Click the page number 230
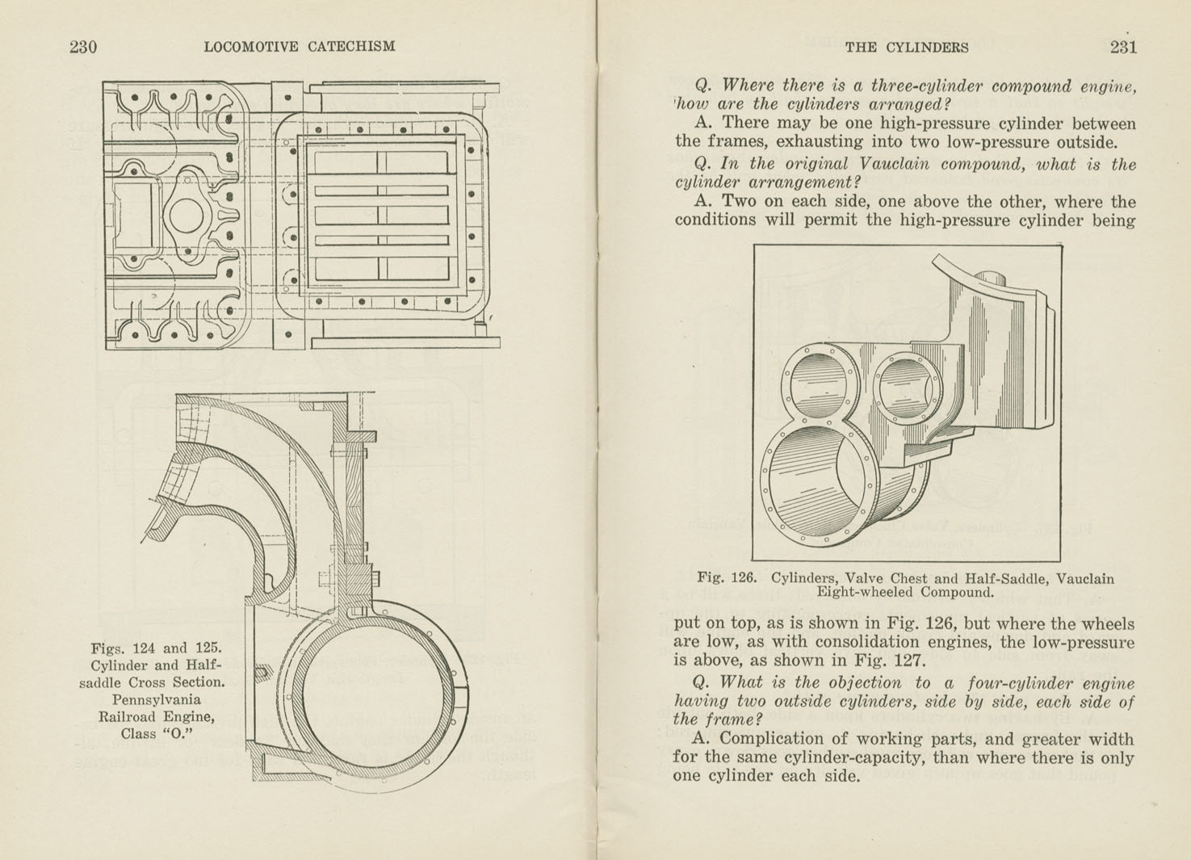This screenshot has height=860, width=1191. pos(83,47)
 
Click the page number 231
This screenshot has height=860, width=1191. pos(1122,47)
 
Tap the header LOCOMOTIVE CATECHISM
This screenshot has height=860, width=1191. pos(300,47)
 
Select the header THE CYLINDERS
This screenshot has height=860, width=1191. pos(906,47)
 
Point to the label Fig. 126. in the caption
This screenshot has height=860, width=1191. pos(727,578)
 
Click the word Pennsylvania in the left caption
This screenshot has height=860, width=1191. pos(157,699)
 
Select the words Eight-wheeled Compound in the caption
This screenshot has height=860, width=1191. pos(904,593)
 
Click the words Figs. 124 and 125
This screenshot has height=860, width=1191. pos(156,648)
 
